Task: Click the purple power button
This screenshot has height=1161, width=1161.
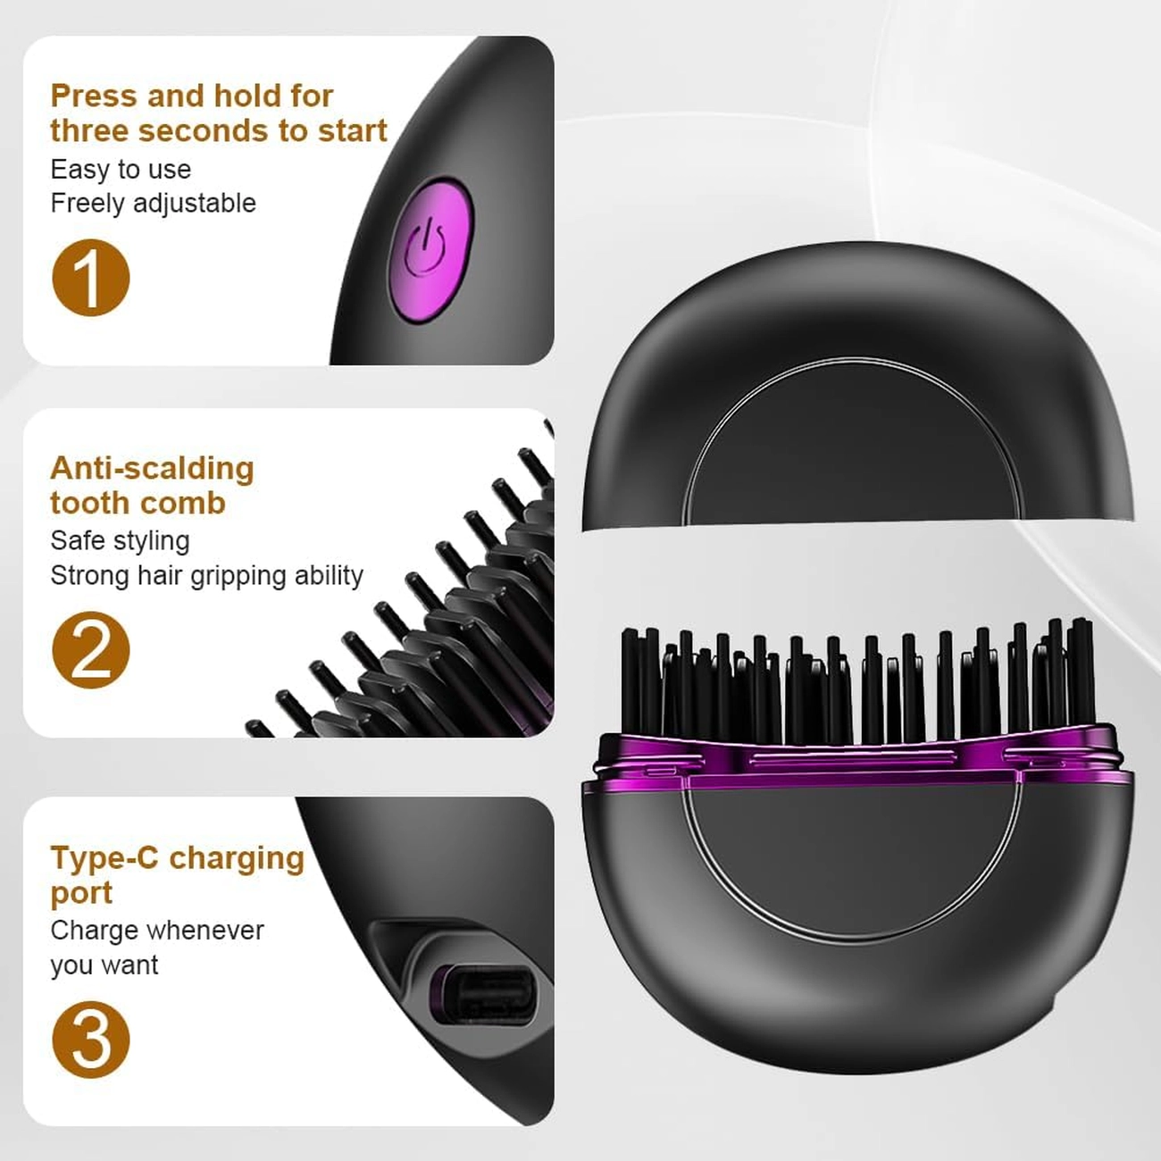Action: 430,250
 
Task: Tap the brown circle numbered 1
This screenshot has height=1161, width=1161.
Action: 91,278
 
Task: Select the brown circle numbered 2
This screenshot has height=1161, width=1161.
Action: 91,650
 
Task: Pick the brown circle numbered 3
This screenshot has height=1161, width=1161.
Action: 91,1040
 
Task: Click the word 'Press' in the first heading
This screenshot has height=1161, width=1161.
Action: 95,96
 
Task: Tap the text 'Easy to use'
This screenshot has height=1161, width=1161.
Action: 121,170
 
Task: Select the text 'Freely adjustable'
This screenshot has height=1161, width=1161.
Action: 153,204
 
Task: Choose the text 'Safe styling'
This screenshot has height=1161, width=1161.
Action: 120,541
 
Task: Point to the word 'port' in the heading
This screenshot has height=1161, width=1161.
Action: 81,894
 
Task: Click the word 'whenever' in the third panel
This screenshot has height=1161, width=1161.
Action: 210,931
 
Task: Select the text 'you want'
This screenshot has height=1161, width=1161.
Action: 104,965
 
